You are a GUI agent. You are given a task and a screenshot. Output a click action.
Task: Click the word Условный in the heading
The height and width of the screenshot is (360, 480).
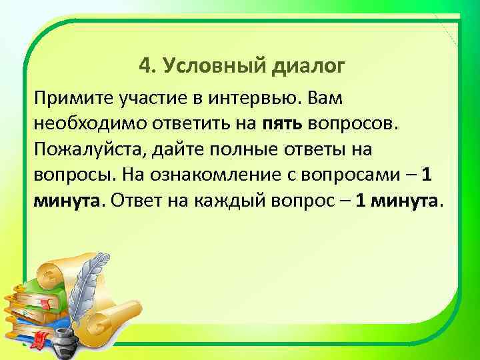(x=213, y=65)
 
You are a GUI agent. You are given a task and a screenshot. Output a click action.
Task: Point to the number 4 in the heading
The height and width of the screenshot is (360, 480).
(x=145, y=65)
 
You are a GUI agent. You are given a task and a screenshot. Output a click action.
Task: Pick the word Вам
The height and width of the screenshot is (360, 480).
(x=325, y=100)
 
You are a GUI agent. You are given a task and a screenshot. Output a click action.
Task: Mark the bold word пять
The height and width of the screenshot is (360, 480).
(x=283, y=124)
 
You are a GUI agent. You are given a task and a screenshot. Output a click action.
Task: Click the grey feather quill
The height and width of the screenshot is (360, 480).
(x=83, y=293)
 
